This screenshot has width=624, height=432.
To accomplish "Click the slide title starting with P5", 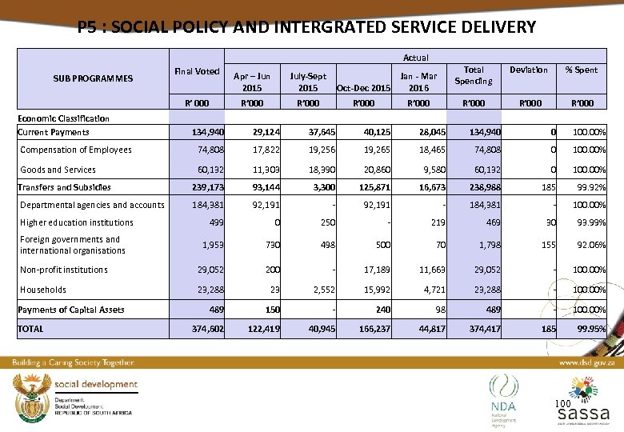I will pos(307,27).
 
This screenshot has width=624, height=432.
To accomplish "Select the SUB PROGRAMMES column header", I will pos(93,78).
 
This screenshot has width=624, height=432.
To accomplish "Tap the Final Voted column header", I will pos(197,70).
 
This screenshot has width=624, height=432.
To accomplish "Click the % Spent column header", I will pos(581,70).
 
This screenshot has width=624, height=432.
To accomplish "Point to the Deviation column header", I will pos(528,70).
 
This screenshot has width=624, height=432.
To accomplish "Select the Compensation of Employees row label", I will pos(76,150).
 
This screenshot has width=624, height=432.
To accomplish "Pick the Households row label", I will pos(43,290).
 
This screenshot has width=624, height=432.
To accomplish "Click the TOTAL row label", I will pos(31,329).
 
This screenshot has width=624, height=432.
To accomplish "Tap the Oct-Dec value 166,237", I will pos(374,329).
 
